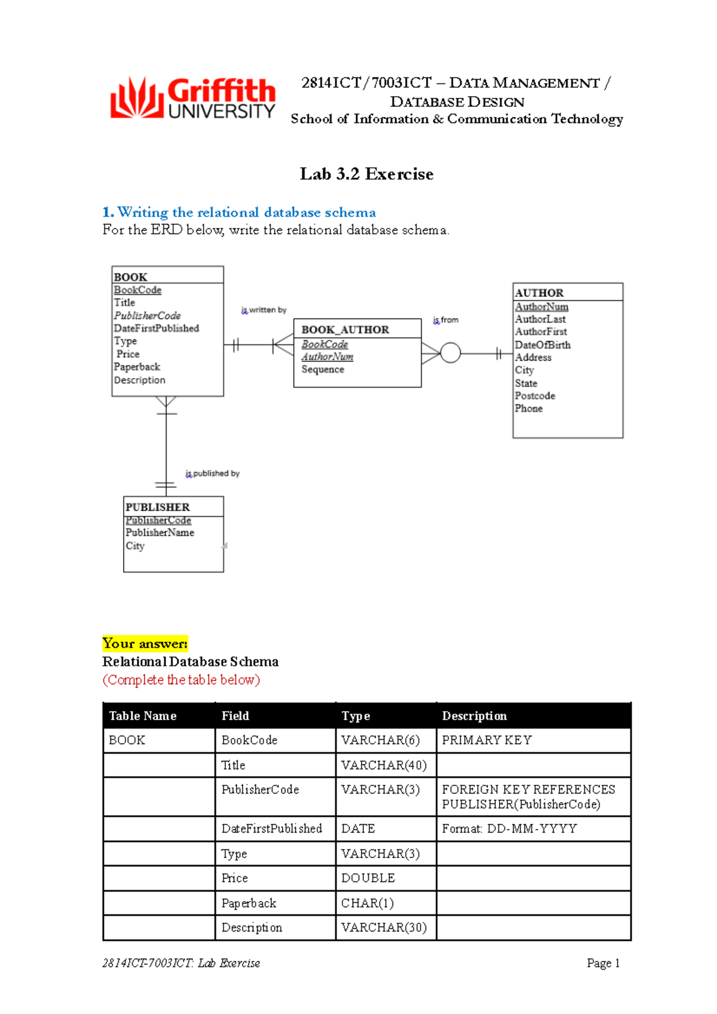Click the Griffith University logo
192,98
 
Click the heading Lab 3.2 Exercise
366,174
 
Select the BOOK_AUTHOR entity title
345,330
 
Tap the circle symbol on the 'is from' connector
450,353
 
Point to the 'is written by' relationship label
263,310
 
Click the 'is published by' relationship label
212,474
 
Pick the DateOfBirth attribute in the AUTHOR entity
543,345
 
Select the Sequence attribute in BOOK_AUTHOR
323,369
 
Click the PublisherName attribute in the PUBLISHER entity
160,532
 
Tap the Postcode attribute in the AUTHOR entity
535,395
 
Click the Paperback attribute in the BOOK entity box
137,367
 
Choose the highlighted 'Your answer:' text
145,643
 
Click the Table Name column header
142,715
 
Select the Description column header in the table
474,715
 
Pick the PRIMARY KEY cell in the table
486,740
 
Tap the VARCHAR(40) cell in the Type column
384,765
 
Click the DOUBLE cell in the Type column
367,878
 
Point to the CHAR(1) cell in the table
367,903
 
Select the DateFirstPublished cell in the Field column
271,828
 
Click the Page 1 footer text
603,963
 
